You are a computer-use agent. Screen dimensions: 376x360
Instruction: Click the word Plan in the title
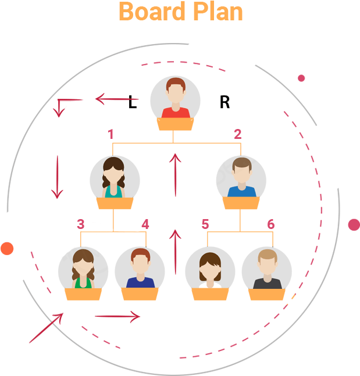point(218,12)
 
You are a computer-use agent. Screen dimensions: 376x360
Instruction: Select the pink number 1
point(111,134)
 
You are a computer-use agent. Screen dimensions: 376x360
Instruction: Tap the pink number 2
point(237,134)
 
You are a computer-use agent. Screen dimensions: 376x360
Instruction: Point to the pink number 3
point(81,224)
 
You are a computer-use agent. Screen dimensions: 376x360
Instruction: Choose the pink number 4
point(145,224)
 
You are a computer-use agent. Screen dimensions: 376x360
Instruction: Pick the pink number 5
point(205,224)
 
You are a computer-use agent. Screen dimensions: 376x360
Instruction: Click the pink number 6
point(270,224)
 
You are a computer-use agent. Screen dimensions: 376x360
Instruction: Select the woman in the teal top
point(114,177)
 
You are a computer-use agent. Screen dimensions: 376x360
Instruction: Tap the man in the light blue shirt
point(241,177)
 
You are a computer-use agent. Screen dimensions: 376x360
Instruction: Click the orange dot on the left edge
point(6,248)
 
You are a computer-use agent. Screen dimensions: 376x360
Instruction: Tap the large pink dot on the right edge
point(354,224)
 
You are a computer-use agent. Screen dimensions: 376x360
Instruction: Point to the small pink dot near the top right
point(301,78)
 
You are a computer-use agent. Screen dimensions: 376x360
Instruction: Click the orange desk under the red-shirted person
point(175,124)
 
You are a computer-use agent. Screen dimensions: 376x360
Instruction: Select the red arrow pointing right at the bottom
point(117,316)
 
